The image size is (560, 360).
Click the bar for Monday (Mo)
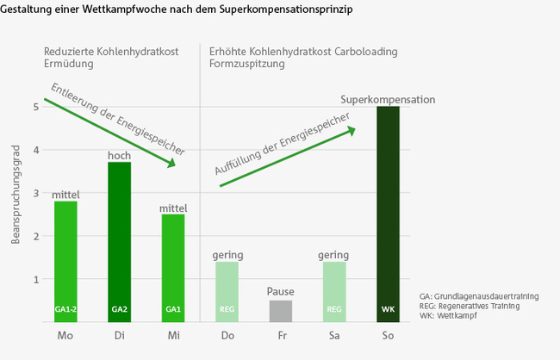65,261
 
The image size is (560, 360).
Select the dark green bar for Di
119,242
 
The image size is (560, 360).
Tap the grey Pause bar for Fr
281,311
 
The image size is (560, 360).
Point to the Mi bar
172,268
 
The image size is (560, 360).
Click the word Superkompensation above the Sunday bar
388,100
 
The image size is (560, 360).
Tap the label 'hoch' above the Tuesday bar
119,155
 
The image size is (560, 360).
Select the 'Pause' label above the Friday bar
281,292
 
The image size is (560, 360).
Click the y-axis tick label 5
36,107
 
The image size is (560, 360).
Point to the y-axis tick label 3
36,193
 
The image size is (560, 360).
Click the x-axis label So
388,336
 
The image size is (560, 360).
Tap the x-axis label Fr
281,336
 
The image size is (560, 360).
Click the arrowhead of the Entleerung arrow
172,163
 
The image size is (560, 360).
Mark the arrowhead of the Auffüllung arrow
351,130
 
